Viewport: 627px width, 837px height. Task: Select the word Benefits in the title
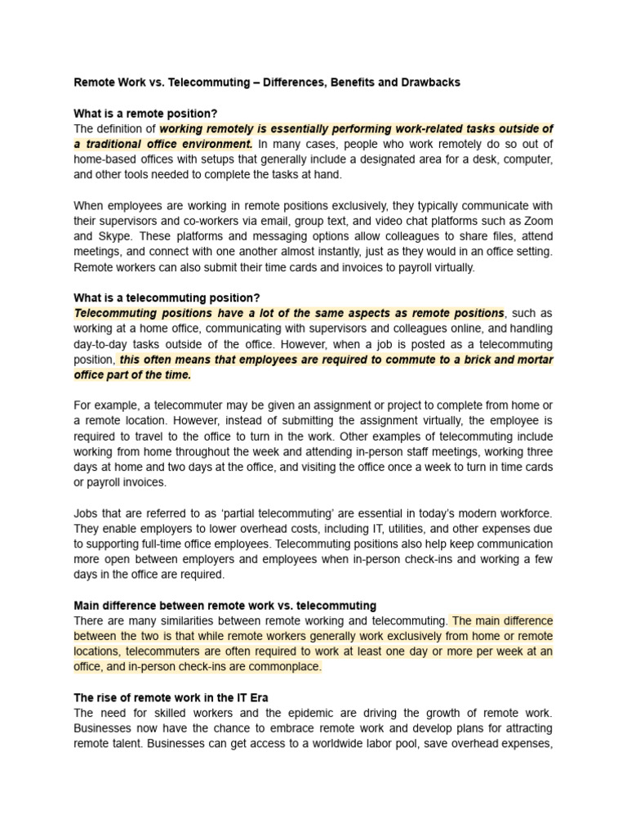pos(354,83)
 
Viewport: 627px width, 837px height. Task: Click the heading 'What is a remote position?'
pos(145,114)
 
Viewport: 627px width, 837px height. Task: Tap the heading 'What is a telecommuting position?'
pos(167,298)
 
